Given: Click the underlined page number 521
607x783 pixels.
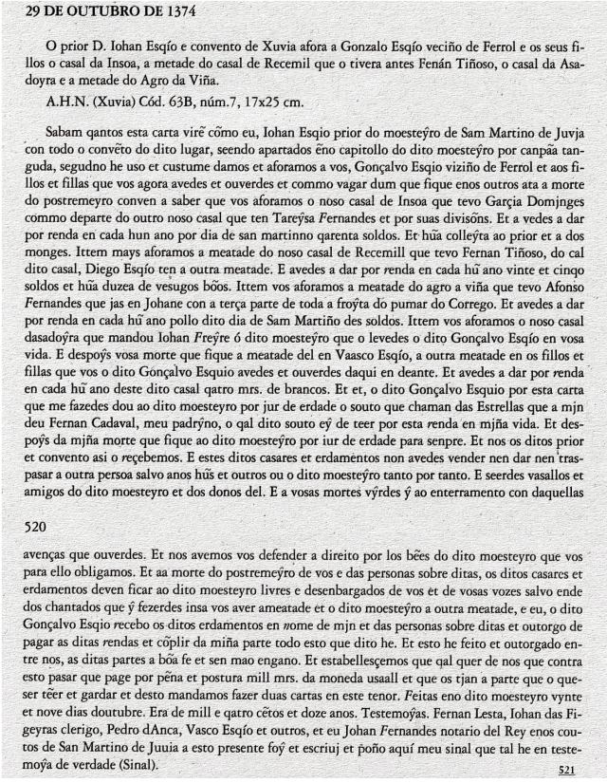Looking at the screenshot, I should (566, 770).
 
